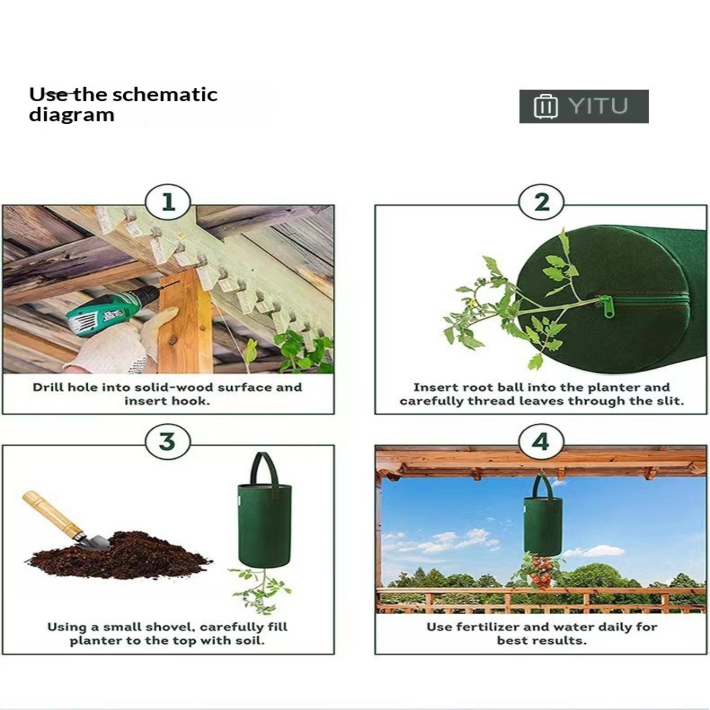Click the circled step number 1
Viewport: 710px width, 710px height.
click(x=168, y=203)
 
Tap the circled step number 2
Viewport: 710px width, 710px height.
click(x=541, y=203)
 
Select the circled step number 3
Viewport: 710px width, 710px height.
click(x=168, y=442)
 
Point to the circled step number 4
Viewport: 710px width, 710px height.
click(x=541, y=442)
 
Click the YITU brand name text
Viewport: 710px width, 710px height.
click(x=598, y=106)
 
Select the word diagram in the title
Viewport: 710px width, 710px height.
click(x=71, y=115)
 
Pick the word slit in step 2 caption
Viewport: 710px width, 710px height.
click(x=670, y=401)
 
